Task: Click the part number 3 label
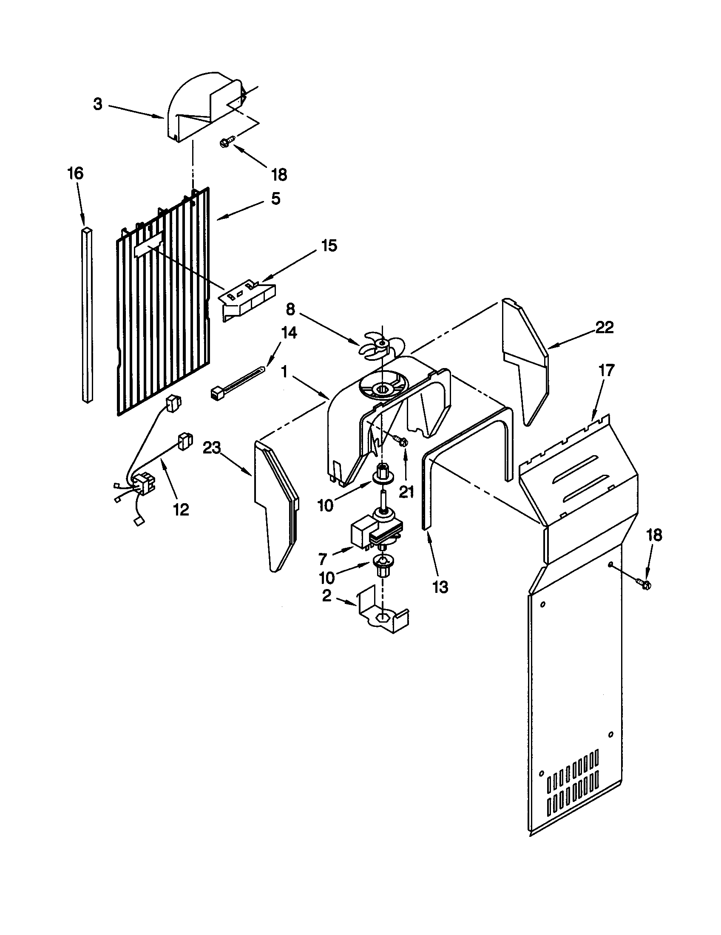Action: (98, 105)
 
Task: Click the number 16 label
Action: (75, 173)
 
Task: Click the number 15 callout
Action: (328, 246)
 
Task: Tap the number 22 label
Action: (604, 328)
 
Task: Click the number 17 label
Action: (606, 370)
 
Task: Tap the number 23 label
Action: (212, 448)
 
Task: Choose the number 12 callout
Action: (181, 509)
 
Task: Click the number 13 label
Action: (440, 587)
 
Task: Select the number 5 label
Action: (275, 198)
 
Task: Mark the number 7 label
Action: (322, 559)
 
